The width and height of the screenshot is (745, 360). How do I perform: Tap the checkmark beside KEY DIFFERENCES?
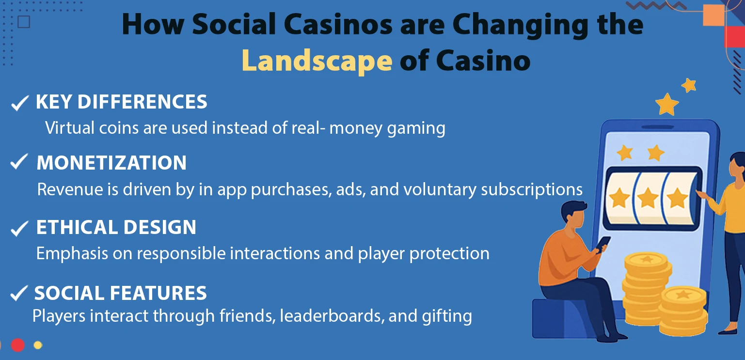[x=19, y=103]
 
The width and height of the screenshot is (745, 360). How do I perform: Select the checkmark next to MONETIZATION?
[x=19, y=163]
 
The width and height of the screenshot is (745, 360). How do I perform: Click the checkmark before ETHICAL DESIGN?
[x=19, y=228]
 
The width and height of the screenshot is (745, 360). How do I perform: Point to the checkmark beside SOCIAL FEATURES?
[x=18, y=293]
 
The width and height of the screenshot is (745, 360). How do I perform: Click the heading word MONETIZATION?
[x=111, y=163]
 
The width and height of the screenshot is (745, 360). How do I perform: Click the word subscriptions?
[x=532, y=189]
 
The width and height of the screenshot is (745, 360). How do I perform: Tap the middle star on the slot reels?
[x=648, y=198]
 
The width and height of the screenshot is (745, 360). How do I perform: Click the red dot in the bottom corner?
[x=18, y=345]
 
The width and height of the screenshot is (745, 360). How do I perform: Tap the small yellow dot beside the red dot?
[x=38, y=345]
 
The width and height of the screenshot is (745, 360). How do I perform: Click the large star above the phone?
[x=667, y=104]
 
